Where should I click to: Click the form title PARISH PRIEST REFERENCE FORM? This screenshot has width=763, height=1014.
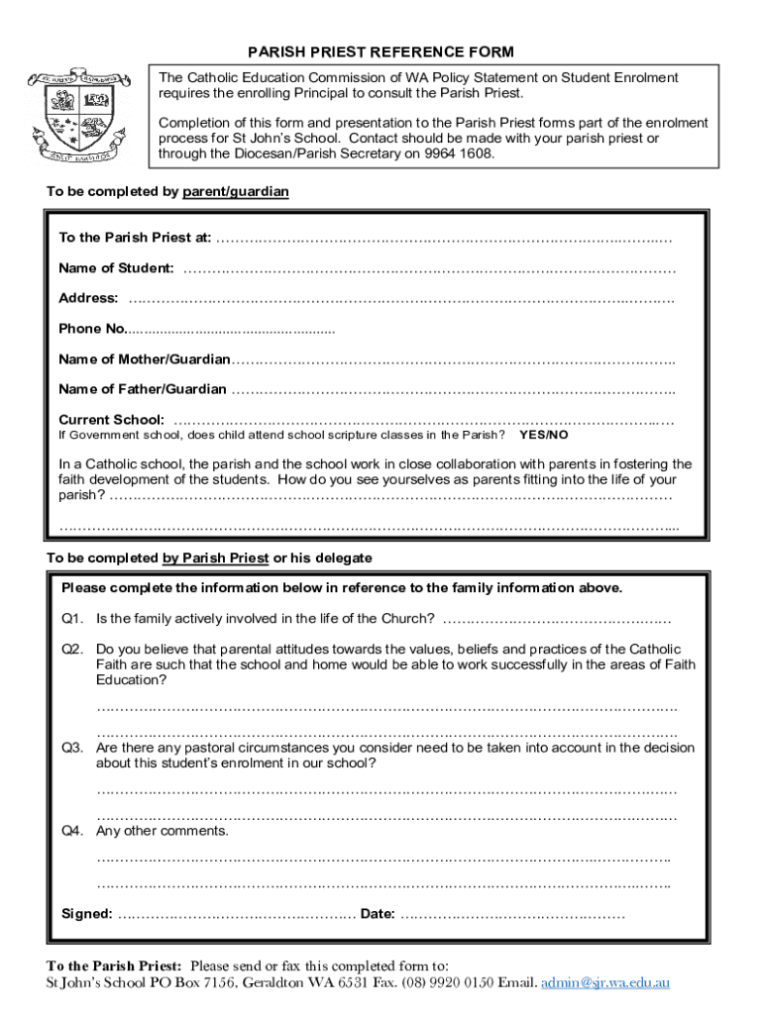381,52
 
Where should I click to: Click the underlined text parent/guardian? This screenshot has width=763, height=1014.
236,191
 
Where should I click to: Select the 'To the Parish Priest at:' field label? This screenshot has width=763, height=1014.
135,238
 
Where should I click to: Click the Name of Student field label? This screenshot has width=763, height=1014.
116,268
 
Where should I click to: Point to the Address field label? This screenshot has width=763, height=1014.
88,298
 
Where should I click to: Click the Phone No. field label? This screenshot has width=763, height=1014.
93,329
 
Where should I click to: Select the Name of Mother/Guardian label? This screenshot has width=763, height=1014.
145,358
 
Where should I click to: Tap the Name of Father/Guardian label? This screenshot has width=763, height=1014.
143,389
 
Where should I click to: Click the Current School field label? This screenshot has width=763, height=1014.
112,420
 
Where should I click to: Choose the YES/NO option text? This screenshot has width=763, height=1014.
544,435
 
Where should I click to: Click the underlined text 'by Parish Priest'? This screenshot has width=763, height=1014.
215,558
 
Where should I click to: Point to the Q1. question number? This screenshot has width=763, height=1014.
72,619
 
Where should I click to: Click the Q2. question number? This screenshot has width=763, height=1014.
72,650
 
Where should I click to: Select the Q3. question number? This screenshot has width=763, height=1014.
72,749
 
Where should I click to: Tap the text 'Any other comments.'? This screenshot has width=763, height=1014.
162,831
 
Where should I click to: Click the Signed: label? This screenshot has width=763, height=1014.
87,914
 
